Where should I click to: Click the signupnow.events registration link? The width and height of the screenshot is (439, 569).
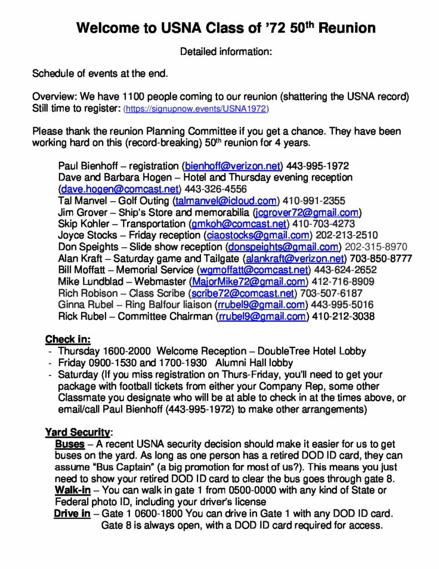(196, 110)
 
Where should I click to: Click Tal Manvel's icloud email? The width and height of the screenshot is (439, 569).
(225, 201)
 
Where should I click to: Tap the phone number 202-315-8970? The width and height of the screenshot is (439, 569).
(376, 247)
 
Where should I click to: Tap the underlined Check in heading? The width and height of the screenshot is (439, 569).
(68, 340)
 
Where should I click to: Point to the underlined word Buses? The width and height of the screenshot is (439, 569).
(70, 444)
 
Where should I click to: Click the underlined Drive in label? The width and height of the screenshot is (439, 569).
(72, 513)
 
